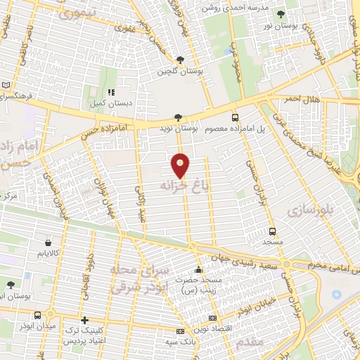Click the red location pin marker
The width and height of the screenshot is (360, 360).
coord(180,166)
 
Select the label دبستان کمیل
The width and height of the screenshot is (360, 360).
coord(111,103)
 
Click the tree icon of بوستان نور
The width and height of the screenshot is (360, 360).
coord(281,14)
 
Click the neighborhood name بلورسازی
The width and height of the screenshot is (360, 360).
coord(307,209)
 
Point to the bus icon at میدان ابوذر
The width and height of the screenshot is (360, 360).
coord(51,314)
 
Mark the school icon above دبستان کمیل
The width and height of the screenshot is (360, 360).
coord(111,92)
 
